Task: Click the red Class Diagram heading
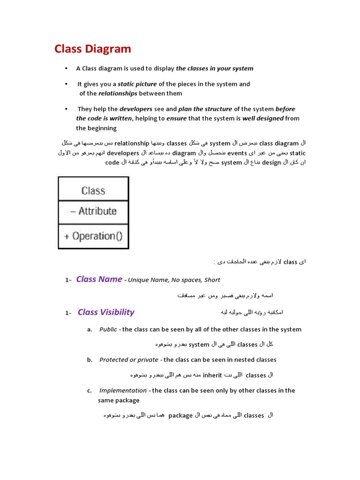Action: [93, 49]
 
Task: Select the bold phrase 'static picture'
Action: [136, 84]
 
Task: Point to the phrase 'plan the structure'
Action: [205, 109]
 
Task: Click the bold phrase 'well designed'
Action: [262, 118]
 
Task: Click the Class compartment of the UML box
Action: [93, 190]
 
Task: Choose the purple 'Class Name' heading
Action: [99, 279]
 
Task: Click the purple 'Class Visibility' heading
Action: [106, 312]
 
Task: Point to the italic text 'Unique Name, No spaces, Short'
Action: [174, 280]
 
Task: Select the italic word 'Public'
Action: [108, 330]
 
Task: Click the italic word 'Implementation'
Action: [123, 390]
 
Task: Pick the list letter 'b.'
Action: [90, 360]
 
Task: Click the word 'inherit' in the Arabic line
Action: [212, 375]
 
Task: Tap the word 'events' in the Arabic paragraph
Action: [237, 153]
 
